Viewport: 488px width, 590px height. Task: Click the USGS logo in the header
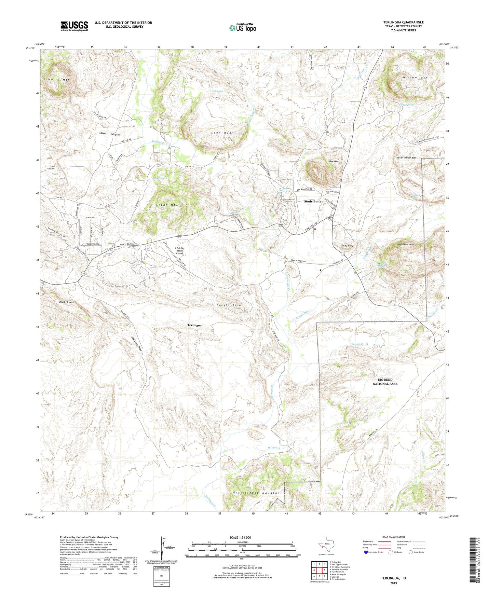point(74,26)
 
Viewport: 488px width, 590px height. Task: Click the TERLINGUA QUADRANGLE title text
point(403,22)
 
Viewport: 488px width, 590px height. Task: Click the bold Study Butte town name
point(312,201)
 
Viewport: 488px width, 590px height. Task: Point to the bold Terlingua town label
point(194,325)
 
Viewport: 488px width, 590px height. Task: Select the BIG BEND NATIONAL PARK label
point(385,382)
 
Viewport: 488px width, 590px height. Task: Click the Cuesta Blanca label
point(231,306)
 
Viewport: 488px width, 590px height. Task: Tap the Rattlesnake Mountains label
point(259,493)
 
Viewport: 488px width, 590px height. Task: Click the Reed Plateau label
point(67,302)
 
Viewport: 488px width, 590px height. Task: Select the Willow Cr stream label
point(274,448)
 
